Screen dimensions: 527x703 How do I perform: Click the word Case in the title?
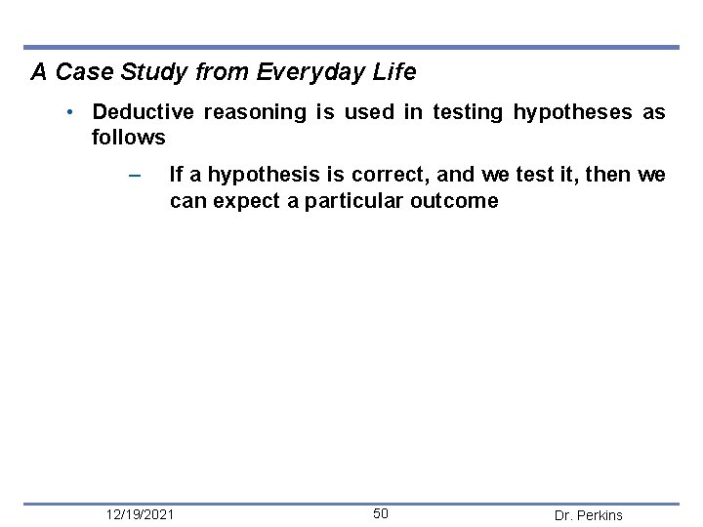click(x=79, y=72)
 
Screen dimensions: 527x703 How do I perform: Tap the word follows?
click(x=128, y=138)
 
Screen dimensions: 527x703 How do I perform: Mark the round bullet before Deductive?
click(x=72, y=112)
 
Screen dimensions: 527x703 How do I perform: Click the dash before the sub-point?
click(x=135, y=176)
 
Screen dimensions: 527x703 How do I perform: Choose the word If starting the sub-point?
click(x=176, y=176)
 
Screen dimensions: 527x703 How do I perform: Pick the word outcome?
click(x=456, y=201)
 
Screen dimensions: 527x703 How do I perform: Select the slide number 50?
click(x=381, y=513)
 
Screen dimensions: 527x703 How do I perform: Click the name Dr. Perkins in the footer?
click(x=588, y=515)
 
